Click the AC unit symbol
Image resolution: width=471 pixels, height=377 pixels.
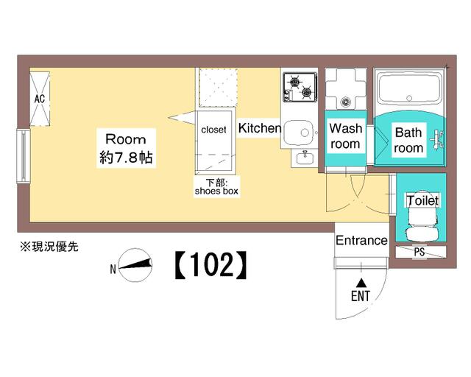tap(40, 99)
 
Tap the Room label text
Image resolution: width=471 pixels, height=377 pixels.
tap(126, 139)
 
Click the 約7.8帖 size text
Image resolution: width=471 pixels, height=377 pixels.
tap(126, 158)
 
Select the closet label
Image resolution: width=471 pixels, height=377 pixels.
tap(213, 130)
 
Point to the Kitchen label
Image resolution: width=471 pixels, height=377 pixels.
tap(260, 128)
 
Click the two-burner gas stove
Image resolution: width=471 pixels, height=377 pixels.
tap(300, 87)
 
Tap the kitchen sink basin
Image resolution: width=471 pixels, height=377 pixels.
tap(299, 133)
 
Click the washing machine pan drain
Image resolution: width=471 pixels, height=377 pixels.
tap(345, 102)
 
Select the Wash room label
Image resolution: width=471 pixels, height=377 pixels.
tap(345, 136)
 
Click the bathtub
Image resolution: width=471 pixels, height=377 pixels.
tap(409, 88)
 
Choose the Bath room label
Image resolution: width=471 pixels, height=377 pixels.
tap(408, 140)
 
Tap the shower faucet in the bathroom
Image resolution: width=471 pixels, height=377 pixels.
tap(437, 139)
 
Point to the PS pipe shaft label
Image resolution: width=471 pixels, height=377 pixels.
tap(419, 252)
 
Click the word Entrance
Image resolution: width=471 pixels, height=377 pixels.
tap(361, 241)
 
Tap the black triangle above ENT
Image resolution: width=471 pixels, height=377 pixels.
tap(361, 283)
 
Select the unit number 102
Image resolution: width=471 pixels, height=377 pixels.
tap(211, 264)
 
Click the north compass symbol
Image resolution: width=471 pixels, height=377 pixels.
tap(135, 264)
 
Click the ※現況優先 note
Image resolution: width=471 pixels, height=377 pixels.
tap(49, 247)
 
